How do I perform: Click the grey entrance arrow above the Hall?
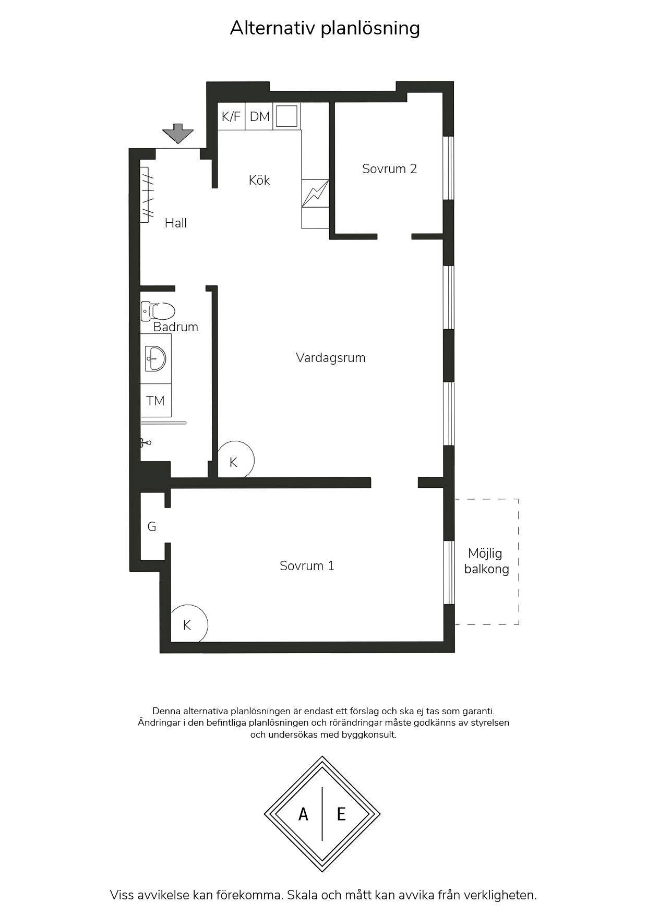(178, 134)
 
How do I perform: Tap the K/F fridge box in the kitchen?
(231, 116)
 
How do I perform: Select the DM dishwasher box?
(259, 116)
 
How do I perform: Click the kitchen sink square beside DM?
(286, 116)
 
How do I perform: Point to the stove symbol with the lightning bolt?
(315, 194)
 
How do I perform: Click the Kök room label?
(259, 180)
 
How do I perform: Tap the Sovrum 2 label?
(390, 168)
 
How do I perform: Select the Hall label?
(176, 223)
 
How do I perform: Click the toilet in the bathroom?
(158, 311)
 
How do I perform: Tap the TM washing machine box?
(155, 401)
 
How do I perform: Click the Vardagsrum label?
(331, 358)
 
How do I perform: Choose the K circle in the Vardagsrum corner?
(235, 460)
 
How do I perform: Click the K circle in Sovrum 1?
(189, 624)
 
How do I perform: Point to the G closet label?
(152, 526)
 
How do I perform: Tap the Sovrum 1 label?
(307, 565)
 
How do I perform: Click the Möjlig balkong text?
(486, 561)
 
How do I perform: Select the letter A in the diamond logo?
(303, 814)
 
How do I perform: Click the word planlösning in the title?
(370, 29)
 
